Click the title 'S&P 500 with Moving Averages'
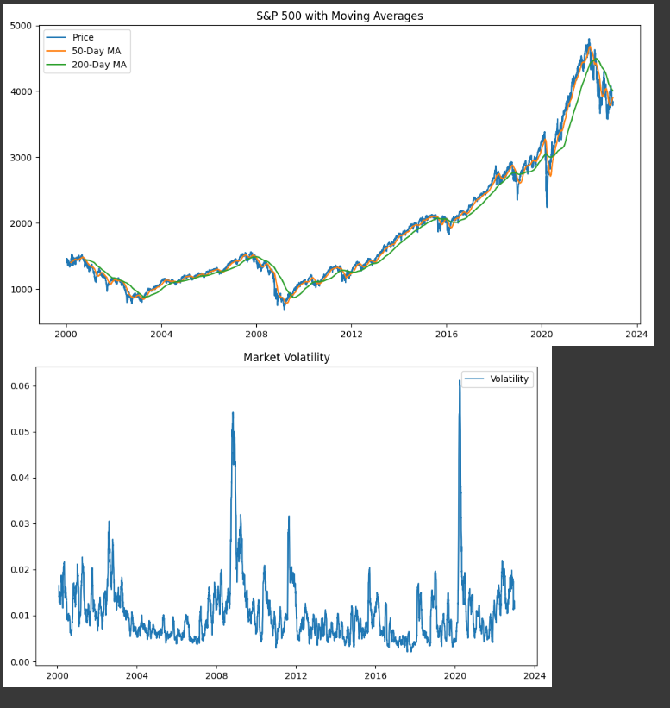pyautogui.click(x=340, y=16)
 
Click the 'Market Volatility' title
pyautogui.click(x=286, y=357)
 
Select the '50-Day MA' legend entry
pyautogui.click(x=96, y=51)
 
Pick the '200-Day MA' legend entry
pyautogui.click(x=98, y=65)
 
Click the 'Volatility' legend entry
pyautogui.click(x=509, y=379)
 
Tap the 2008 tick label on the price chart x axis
pyautogui.click(x=256, y=334)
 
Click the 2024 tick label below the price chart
pyautogui.click(x=636, y=334)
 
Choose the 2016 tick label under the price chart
pyautogui.click(x=446, y=334)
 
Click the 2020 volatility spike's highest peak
pyautogui.click(x=460, y=381)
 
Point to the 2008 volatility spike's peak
pyautogui.click(x=233, y=413)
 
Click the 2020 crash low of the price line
pyautogui.click(x=547, y=207)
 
